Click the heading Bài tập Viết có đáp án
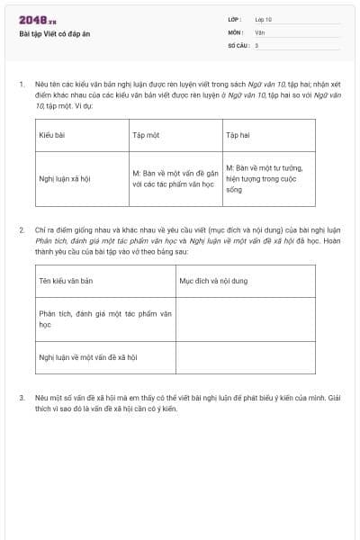point(54,33)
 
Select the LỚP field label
point(235,19)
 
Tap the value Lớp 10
point(263,19)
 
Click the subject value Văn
point(259,31)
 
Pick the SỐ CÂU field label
point(237,45)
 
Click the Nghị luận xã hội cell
point(65,178)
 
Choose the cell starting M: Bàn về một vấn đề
point(175,178)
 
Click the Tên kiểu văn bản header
point(66,281)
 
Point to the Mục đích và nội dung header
point(213,281)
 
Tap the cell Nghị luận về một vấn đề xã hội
point(87,357)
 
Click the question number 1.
point(22,84)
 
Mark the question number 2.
point(22,230)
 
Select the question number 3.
point(22,397)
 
